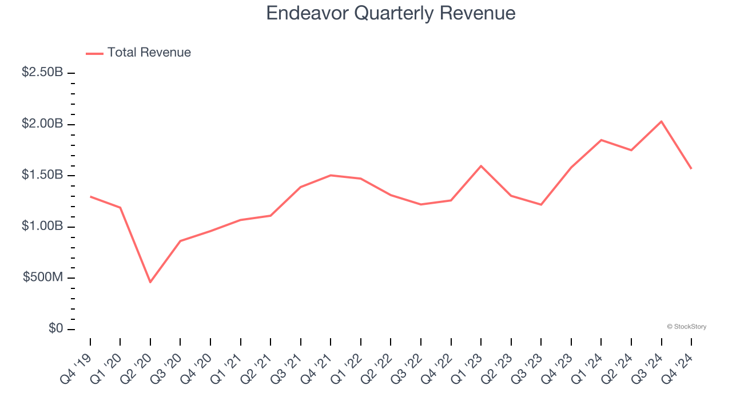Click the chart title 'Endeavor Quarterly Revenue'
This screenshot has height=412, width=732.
[x=391, y=13]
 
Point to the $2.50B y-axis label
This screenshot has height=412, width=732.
[x=42, y=73]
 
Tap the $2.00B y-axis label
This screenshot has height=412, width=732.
[x=42, y=124]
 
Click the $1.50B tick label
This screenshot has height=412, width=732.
[x=42, y=175]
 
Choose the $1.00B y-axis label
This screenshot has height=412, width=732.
[x=42, y=226]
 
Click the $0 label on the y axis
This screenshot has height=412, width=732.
[x=55, y=328]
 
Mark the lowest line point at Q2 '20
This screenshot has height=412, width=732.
[x=150, y=282]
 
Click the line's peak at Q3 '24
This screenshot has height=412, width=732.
[x=661, y=121]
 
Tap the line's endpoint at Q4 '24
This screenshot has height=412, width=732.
[x=691, y=169]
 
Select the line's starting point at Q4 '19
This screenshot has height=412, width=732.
[x=90, y=197]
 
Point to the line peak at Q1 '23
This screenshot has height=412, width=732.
[x=481, y=166]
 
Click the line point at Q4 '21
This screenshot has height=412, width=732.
[x=331, y=175]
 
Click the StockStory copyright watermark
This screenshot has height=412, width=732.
[x=686, y=327]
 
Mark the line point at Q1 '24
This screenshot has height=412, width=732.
[x=601, y=140]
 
